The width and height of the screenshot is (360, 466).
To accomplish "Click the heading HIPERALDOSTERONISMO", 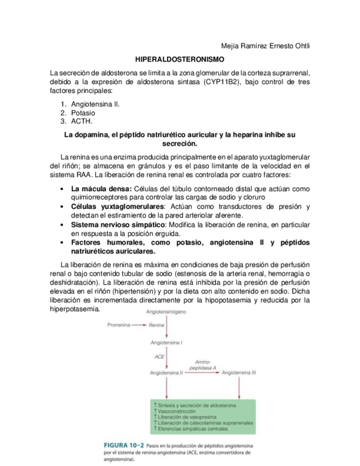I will (x=180, y=58).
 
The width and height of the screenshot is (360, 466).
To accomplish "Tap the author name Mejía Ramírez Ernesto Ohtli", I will (x=265, y=45).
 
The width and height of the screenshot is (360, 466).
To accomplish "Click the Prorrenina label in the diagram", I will (x=119, y=325).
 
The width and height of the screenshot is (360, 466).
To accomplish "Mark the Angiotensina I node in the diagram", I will (x=167, y=342).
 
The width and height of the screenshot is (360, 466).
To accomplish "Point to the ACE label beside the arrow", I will (x=159, y=357).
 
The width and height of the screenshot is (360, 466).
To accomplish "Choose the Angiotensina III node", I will (x=239, y=373).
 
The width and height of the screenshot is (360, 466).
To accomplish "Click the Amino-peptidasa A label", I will (x=204, y=364).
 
